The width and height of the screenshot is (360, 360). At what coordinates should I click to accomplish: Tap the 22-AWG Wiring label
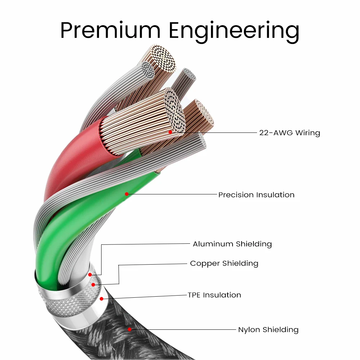click(x=289, y=133)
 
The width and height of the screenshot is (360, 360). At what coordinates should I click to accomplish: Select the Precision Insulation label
click(x=256, y=195)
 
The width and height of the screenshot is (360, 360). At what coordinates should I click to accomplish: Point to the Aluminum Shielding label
click(x=232, y=244)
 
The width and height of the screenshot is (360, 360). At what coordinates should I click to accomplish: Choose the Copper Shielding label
click(x=224, y=263)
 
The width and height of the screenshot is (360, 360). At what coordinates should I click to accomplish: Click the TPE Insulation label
click(x=214, y=295)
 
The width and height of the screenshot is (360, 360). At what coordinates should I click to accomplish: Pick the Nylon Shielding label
click(x=268, y=329)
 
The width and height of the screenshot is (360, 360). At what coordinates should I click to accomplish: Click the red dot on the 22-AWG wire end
click(x=170, y=132)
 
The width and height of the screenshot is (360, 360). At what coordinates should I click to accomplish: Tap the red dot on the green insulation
click(x=127, y=194)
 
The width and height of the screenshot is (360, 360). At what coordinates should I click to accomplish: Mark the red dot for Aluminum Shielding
click(x=90, y=275)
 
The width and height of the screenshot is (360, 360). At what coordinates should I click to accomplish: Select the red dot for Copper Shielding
click(x=93, y=285)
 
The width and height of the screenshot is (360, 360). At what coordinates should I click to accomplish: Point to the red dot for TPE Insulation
click(x=102, y=298)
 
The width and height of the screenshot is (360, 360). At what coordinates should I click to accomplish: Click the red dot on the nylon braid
click(x=130, y=329)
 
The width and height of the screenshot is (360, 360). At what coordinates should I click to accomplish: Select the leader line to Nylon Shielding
click(x=184, y=329)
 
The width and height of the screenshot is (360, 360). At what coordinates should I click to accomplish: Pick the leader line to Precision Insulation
click(x=173, y=194)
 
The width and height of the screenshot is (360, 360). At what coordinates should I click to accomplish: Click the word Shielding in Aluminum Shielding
click(x=254, y=244)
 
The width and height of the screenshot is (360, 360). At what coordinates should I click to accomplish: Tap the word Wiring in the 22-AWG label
click(x=307, y=133)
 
